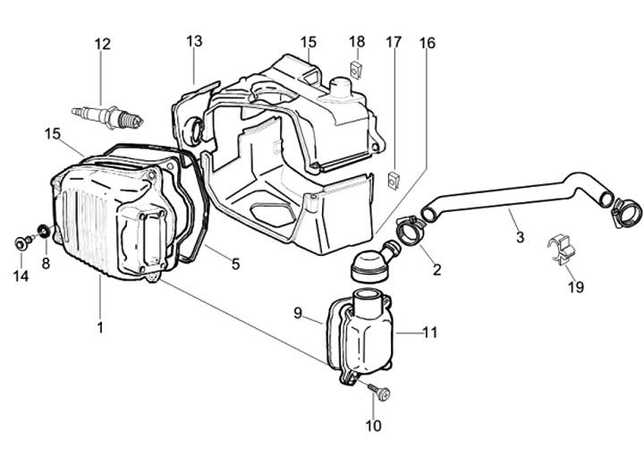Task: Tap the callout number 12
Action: (103, 44)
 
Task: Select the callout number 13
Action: (194, 41)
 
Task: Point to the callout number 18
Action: (357, 42)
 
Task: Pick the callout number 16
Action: (427, 42)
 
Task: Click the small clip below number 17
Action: (393, 179)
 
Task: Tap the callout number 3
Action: (520, 237)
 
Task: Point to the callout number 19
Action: (575, 287)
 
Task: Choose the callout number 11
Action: (430, 333)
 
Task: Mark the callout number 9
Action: (299, 313)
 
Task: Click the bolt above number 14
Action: (21, 241)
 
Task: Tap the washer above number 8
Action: (43, 234)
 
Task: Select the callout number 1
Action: (100, 328)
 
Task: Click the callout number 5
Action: (235, 264)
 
